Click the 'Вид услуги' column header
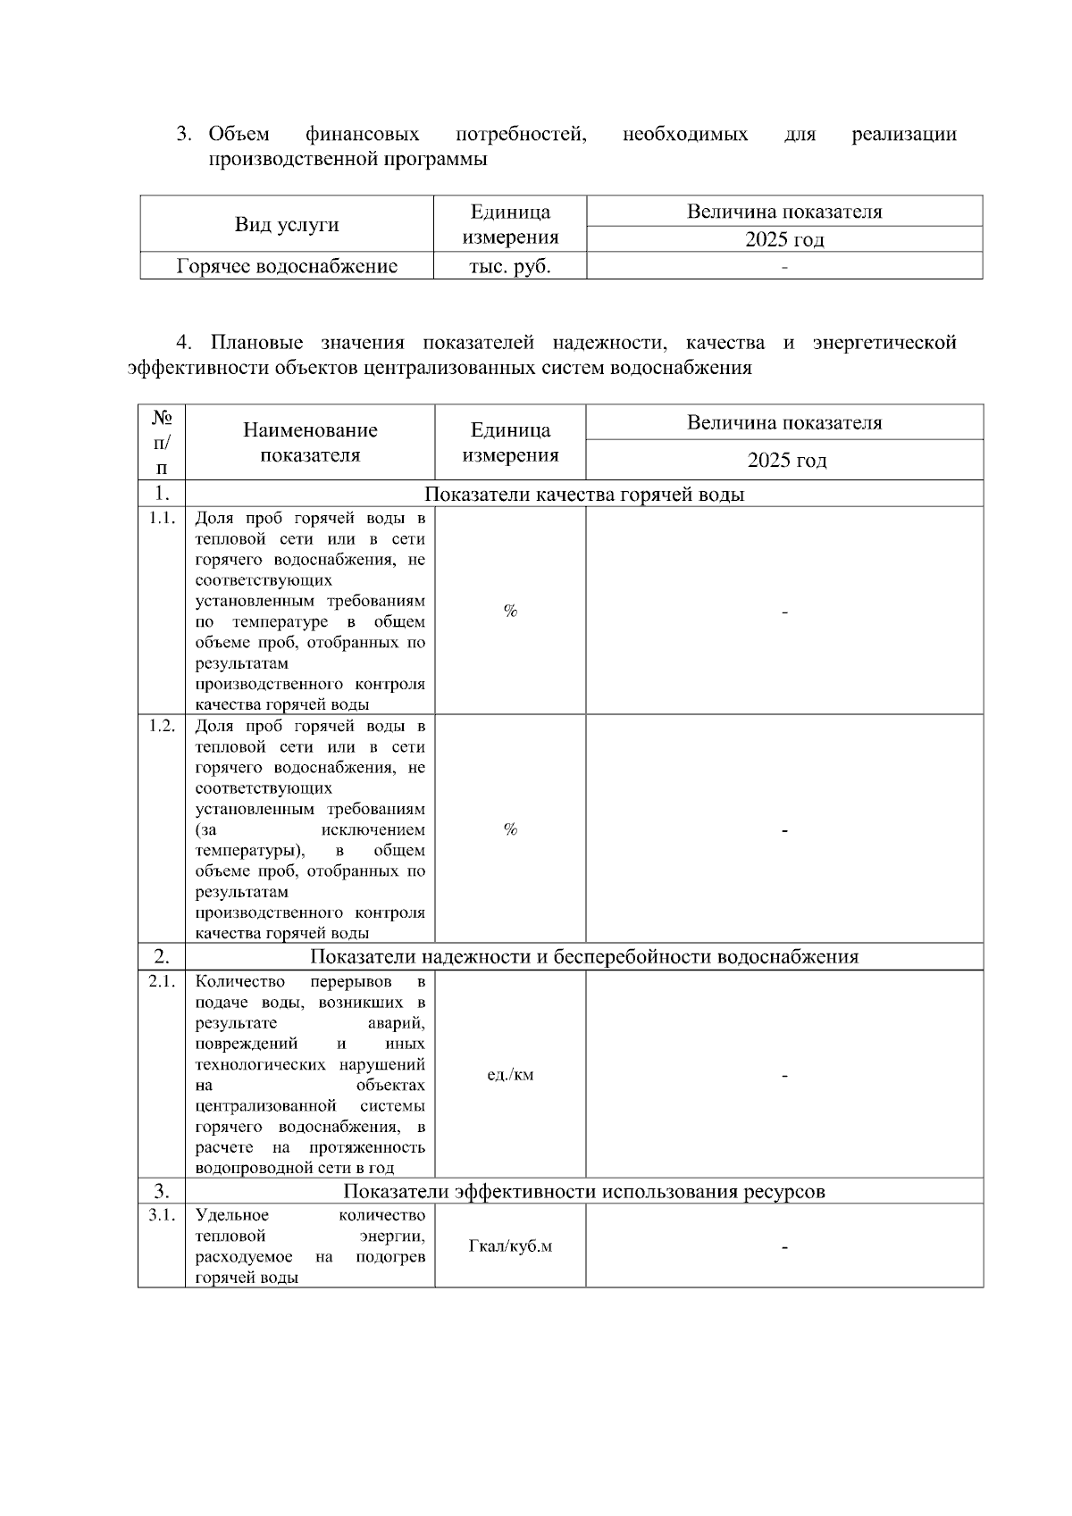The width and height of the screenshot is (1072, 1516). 287,224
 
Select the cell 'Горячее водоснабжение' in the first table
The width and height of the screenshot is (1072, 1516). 287,266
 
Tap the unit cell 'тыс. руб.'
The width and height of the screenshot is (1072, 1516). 510,266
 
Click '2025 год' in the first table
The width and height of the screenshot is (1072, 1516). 784,239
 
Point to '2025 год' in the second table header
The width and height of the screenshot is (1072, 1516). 786,461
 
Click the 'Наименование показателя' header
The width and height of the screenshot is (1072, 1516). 310,442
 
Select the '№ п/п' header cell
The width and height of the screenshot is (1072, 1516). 162,442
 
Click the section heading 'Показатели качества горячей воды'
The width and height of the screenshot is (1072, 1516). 583,495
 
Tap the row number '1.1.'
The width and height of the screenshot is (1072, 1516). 162,519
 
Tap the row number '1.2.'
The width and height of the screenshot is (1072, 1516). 162,726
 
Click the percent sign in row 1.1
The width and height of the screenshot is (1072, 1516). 510,612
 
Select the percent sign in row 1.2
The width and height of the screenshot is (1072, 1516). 510,829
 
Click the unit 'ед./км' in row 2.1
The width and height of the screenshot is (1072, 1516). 510,1075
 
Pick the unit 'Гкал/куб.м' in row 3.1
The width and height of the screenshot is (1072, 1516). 510,1246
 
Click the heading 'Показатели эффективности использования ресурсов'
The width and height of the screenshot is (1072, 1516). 583,1192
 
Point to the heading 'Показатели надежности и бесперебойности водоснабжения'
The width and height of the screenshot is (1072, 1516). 583,957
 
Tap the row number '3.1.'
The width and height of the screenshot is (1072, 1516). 162,1216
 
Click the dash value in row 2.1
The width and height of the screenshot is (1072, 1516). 784,1076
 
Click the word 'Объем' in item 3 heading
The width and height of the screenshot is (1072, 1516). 239,135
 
